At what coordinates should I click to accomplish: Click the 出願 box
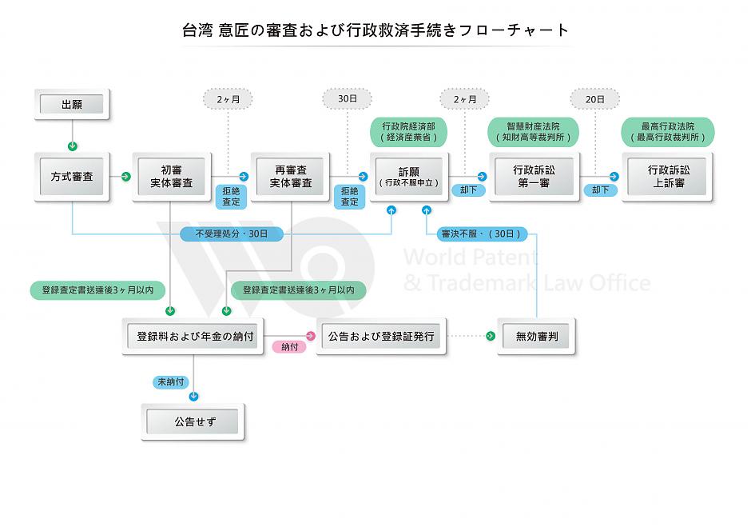click(x=72, y=104)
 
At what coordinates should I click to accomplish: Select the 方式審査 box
click(x=72, y=177)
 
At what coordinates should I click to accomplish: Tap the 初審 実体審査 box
click(x=172, y=177)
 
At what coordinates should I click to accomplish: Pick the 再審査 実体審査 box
click(x=290, y=177)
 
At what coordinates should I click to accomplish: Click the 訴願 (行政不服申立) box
click(x=409, y=177)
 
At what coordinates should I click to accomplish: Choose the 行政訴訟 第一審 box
click(x=534, y=177)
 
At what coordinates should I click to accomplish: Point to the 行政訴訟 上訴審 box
click(x=668, y=177)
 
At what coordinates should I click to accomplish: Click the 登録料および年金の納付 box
click(x=195, y=337)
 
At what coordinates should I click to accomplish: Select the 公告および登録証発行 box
click(x=382, y=337)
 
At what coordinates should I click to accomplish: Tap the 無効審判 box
click(x=537, y=337)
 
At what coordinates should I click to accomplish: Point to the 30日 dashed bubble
click(x=347, y=98)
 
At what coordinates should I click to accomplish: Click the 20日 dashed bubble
click(x=594, y=98)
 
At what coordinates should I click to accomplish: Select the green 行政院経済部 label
click(x=408, y=132)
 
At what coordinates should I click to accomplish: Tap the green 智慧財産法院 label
click(x=533, y=132)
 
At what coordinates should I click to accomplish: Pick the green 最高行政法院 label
click(x=668, y=132)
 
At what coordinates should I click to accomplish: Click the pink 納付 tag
click(x=289, y=347)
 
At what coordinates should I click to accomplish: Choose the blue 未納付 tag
click(x=171, y=382)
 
